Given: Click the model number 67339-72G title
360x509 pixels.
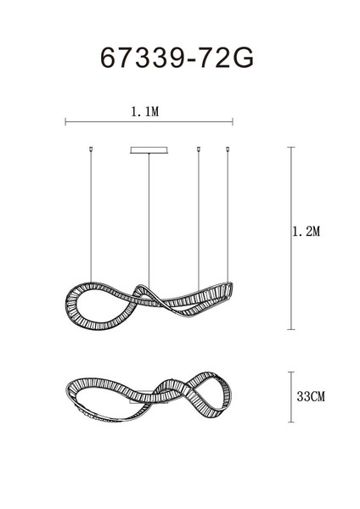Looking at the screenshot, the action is pyautogui.click(x=177, y=58).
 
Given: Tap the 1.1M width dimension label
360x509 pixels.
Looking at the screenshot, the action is pyautogui.click(x=145, y=112).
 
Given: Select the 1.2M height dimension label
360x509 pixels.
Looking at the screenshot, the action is pyautogui.click(x=307, y=232).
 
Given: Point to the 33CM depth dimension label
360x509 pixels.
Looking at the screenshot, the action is pyautogui.click(x=311, y=396).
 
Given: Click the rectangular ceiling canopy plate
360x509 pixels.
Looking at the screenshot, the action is pyautogui.click(x=149, y=150).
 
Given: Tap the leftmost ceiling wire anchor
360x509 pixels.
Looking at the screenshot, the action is pyautogui.click(x=91, y=149).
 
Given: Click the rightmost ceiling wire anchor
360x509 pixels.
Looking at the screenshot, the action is pyautogui.click(x=228, y=149).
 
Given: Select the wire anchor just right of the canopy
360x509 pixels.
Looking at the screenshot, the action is pyautogui.click(x=199, y=149).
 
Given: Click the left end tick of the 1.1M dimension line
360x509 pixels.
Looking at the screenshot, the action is pyautogui.click(x=65, y=122).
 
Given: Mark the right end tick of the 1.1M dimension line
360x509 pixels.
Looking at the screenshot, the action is pyautogui.click(x=233, y=122).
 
